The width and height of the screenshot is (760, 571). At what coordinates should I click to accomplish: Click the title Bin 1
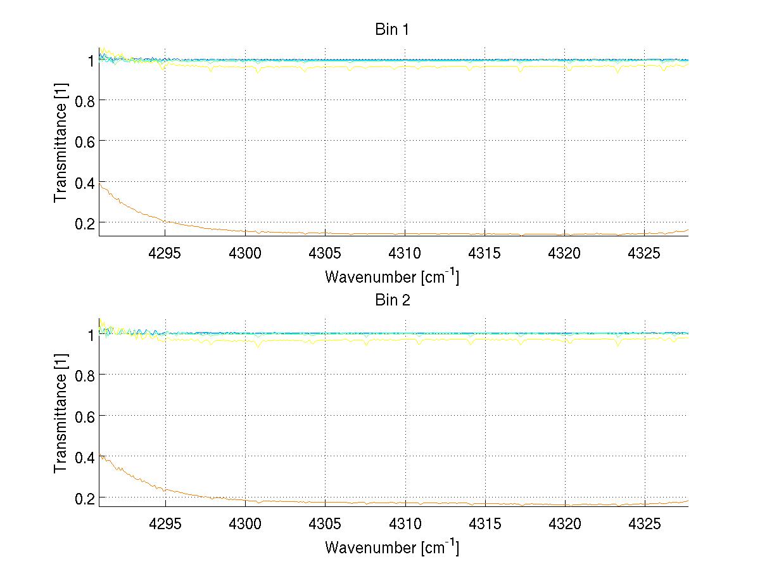[x=393, y=30]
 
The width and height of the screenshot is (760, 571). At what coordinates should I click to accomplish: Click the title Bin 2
[x=393, y=300]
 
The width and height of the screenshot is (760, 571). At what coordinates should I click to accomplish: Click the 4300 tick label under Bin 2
[x=245, y=525]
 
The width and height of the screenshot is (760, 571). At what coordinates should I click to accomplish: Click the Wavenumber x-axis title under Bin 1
[x=392, y=276]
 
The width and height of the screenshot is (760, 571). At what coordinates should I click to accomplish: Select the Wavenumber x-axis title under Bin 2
[x=392, y=547]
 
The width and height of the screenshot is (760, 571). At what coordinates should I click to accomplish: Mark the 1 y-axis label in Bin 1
[x=90, y=60]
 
